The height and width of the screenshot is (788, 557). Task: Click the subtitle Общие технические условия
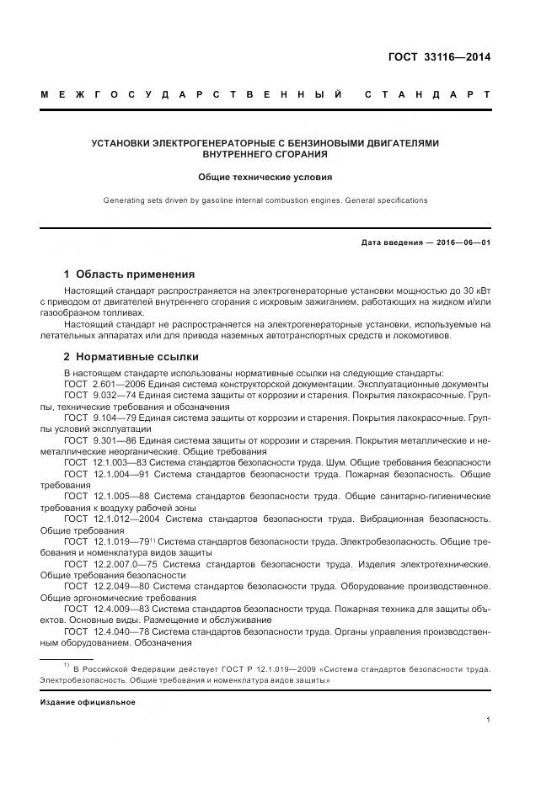[x=265, y=178]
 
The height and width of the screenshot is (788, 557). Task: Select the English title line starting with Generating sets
[x=265, y=200]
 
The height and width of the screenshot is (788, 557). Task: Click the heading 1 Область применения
[x=129, y=274]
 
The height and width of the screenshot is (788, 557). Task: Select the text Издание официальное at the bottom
[x=88, y=701]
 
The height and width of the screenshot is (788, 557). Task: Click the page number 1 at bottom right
[x=488, y=720]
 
